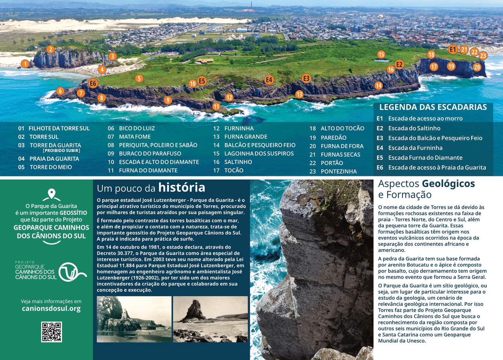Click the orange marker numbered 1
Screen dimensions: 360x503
[25, 64]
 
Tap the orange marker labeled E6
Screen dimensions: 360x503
[93, 83]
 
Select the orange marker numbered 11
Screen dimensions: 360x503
[216, 106]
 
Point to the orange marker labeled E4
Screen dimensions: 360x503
[269, 80]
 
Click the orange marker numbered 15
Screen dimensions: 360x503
[381, 55]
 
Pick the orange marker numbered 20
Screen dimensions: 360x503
[477, 67]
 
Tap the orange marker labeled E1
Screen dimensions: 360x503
[453, 49]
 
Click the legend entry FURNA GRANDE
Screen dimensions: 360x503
[246, 137]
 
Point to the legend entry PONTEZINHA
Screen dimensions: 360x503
[338, 172]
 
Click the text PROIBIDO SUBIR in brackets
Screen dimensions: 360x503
[61, 150]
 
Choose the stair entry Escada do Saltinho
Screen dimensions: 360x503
[414, 128]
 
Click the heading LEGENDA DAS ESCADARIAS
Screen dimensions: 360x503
[433, 107]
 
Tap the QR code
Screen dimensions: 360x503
[51, 332]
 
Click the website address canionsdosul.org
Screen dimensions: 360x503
[51, 309]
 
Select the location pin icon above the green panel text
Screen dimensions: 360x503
[51, 194]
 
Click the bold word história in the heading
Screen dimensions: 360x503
[182, 187]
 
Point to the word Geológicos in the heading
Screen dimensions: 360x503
[448, 184]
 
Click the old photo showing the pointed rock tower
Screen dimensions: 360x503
[210, 319]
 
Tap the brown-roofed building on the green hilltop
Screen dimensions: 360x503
[205, 61]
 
